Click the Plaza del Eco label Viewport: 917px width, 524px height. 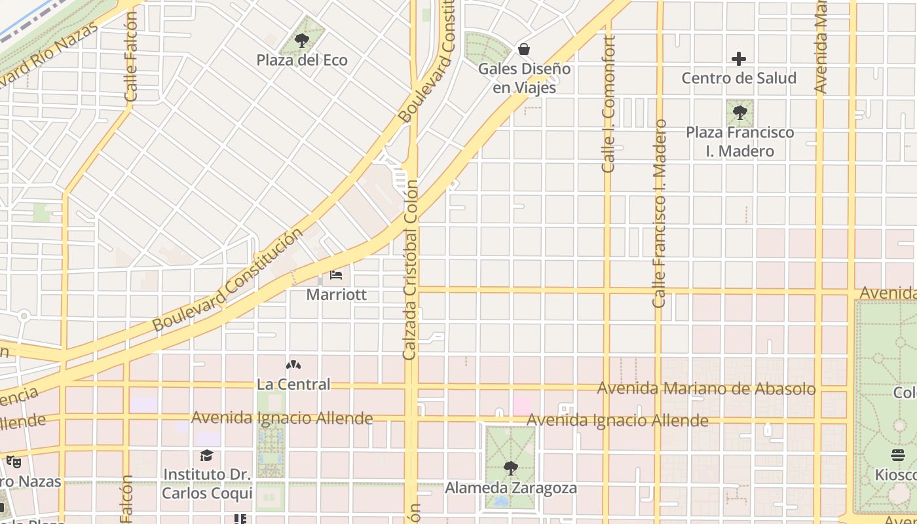(302, 60)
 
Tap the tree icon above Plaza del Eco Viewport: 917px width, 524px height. (302, 41)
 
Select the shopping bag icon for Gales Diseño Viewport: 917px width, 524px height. (524, 49)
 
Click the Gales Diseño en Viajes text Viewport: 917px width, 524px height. (524, 78)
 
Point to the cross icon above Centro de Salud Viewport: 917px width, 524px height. (739, 59)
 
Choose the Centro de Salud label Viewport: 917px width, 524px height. (739, 78)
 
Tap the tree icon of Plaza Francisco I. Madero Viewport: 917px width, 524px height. (739, 113)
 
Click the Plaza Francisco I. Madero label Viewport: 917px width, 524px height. (739, 141)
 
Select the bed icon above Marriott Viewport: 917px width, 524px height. (336, 275)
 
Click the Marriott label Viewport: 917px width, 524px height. (337, 295)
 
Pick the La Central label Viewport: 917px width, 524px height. (293, 384)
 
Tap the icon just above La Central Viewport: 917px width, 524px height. (293, 365)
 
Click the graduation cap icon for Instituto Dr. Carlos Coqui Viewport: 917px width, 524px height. (207, 455)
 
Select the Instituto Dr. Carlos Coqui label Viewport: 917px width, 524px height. (207, 483)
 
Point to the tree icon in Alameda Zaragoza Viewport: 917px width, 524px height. (510, 468)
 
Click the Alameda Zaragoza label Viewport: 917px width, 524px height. (511, 488)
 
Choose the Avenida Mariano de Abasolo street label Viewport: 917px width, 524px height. (706, 388)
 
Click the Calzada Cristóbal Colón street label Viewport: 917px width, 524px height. (410, 270)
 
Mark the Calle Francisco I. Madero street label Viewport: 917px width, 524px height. (659, 214)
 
